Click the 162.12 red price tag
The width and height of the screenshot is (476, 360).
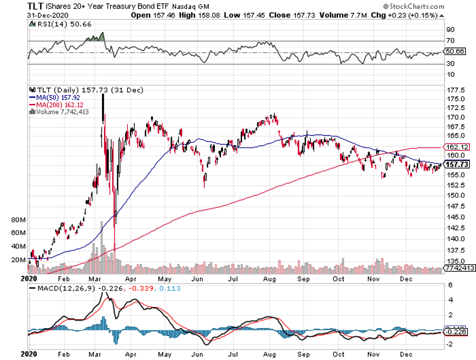455,148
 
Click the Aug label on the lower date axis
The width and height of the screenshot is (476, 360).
270,355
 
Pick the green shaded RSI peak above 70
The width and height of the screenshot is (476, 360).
95,37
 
